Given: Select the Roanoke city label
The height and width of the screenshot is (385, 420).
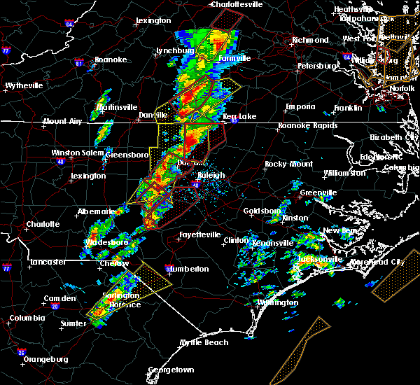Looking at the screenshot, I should [x=111, y=60].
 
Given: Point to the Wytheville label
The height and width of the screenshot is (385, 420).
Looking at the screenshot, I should [x=24, y=85].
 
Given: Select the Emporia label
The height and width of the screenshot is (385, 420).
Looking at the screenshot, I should [x=301, y=107].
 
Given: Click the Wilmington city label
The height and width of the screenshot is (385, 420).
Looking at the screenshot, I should [x=276, y=302].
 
